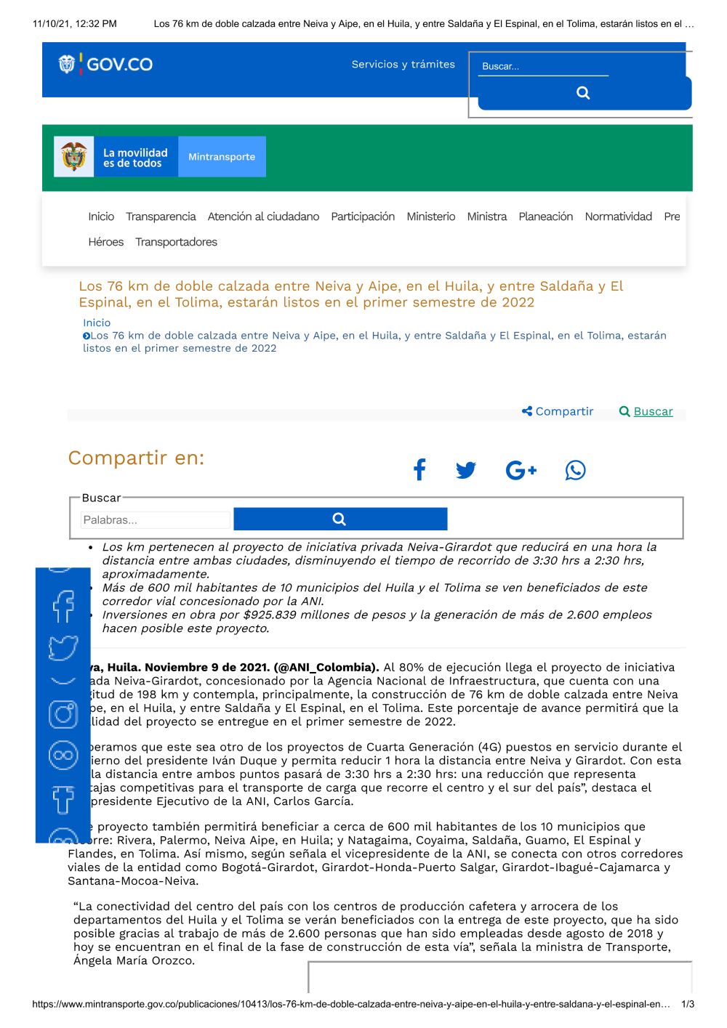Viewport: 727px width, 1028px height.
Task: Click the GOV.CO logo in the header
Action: pyautogui.click(x=106, y=65)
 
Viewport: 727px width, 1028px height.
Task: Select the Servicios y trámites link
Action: pyautogui.click(x=403, y=65)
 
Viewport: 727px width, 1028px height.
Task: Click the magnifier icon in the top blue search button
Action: pyautogui.click(x=583, y=93)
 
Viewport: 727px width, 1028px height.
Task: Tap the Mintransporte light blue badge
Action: pyautogui.click(x=222, y=157)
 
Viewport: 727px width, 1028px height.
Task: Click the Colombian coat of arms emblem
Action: pyautogui.click(x=74, y=156)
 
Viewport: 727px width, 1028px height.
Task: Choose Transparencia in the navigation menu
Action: pyautogui.click(x=161, y=216)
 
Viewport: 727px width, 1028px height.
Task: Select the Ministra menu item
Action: pyautogui.click(x=486, y=216)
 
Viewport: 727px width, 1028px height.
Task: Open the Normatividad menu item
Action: pyautogui.click(x=618, y=216)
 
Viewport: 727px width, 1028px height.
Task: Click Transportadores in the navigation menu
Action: pyautogui.click(x=176, y=242)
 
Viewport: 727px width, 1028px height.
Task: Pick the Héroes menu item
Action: pyautogui.click(x=106, y=242)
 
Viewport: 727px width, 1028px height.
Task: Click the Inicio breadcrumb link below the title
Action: pyautogui.click(x=97, y=323)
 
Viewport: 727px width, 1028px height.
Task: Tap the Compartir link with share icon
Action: pyautogui.click(x=558, y=411)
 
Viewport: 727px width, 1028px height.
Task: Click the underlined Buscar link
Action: pyautogui.click(x=653, y=411)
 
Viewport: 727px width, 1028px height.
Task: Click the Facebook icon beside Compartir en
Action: pyautogui.click(x=419, y=470)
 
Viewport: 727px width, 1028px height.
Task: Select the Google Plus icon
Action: pyautogui.click(x=521, y=470)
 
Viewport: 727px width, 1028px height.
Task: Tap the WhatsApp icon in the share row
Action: pyautogui.click(x=575, y=470)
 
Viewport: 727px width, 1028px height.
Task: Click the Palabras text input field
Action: pyautogui.click(x=156, y=520)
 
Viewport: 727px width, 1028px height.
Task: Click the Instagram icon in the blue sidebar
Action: pyautogui.click(x=63, y=714)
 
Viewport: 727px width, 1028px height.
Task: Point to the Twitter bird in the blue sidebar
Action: pyautogui.click(x=63, y=647)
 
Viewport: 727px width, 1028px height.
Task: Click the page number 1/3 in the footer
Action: pyautogui.click(x=688, y=1004)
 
